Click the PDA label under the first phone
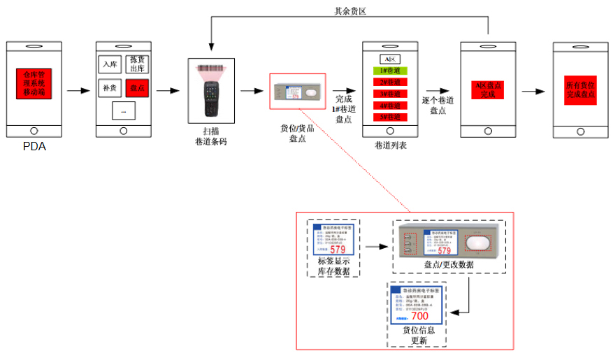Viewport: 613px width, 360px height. click(34, 147)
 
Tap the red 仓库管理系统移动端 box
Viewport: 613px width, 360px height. click(34, 83)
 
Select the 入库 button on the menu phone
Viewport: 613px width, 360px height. click(110, 65)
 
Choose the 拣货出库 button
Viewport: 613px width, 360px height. click(137, 65)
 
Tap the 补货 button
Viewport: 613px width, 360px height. click(110, 89)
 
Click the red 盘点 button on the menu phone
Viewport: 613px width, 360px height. click(137, 89)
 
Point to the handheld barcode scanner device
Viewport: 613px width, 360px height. click(210, 90)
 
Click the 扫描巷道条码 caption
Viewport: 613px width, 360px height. click(210, 136)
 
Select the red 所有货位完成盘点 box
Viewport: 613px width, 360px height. click(581, 89)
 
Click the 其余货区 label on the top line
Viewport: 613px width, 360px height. click(350, 11)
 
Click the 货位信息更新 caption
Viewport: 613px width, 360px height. click(419, 336)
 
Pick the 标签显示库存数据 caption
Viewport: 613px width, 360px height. click(335, 266)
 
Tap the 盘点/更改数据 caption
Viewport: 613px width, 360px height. click(449, 265)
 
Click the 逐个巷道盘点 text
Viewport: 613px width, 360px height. click(438, 106)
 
